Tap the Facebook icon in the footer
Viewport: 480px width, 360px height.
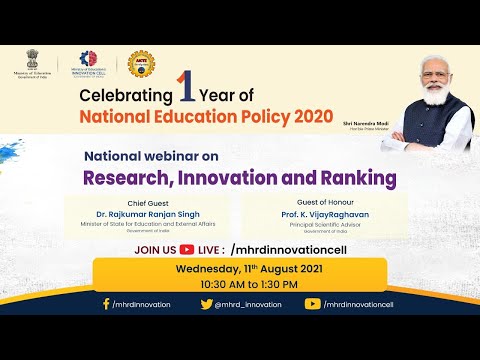[x=106, y=304]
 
